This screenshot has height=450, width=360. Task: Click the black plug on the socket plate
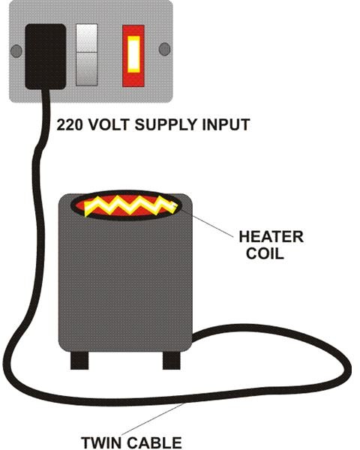45,56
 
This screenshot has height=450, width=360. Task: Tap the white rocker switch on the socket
87,55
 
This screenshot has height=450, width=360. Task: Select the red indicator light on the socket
133,56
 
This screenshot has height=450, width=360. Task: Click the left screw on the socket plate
16,51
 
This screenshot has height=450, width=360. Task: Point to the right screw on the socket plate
164,49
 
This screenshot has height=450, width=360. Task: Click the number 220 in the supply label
69,124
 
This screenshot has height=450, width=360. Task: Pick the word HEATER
271,237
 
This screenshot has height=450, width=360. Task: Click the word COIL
265,253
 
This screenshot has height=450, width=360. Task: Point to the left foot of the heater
79,361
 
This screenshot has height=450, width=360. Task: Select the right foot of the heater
172,361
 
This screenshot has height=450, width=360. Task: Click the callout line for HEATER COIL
205,223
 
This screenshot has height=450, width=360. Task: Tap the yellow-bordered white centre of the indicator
133,54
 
